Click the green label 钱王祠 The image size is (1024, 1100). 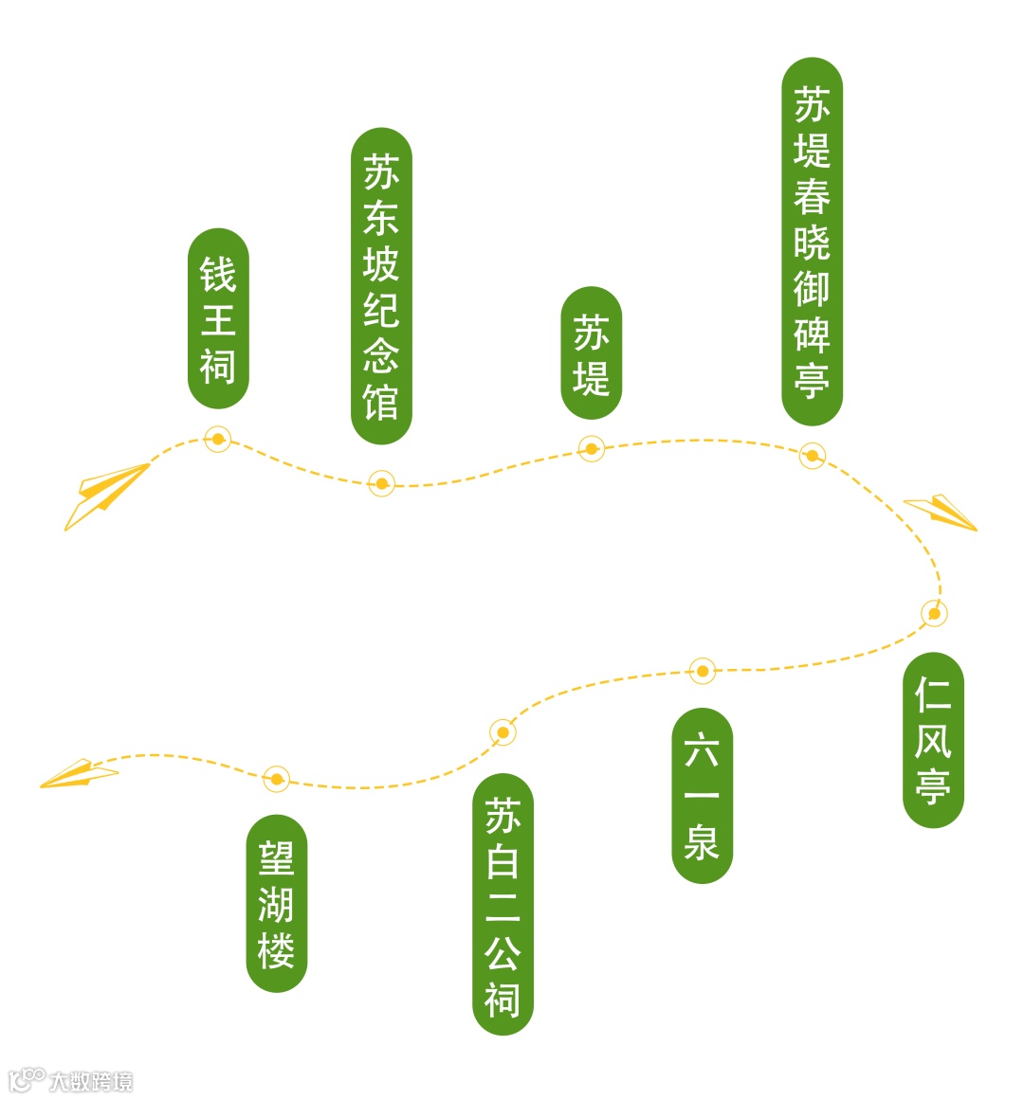click(x=218, y=319)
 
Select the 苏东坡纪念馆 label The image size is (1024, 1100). click(x=381, y=286)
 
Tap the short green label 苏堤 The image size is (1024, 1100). click(x=592, y=353)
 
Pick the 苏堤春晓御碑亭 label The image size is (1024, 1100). click(x=812, y=242)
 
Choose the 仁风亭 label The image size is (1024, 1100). click(x=933, y=740)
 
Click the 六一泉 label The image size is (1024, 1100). click(x=702, y=796)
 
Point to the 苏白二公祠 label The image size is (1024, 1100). click(x=503, y=905)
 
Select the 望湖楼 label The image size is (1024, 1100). click(x=276, y=904)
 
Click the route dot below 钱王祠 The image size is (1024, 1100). click(x=218, y=439)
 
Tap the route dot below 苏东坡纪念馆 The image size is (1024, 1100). click(x=381, y=484)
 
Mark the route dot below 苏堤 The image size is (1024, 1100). click(x=592, y=448)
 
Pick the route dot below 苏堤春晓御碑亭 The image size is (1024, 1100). click(x=812, y=456)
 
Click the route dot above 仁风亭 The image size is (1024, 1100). click(x=934, y=614)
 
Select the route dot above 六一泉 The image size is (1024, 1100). click(x=702, y=671)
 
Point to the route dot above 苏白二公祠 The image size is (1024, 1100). click(x=503, y=731)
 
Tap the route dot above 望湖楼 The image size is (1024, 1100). click(x=276, y=780)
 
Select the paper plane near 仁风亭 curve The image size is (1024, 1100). click(x=942, y=512)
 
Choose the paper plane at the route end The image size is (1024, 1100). click(x=78, y=774)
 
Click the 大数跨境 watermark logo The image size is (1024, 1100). click(x=70, y=1080)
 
